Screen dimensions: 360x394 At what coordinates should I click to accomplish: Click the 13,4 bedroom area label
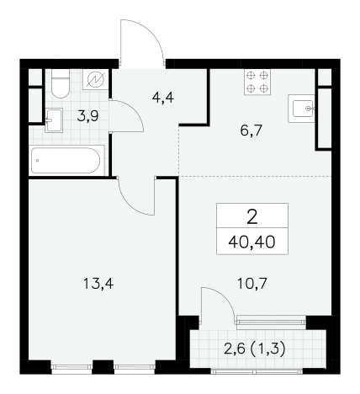[98, 284]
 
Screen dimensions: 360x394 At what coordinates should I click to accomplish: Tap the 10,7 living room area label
[252, 284]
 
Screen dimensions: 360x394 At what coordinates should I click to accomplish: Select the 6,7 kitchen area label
[251, 130]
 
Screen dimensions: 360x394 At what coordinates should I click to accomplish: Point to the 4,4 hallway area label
[163, 98]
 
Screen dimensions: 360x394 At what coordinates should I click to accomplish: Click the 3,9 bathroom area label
[87, 116]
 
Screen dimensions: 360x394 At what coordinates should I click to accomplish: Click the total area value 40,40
[251, 242]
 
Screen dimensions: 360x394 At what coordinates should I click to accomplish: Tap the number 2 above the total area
[252, 217]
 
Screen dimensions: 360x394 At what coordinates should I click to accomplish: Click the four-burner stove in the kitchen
[257, 82]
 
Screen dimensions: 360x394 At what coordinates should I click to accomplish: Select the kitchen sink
[302, 109]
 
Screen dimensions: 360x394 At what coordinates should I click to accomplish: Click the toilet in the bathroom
[61, 83]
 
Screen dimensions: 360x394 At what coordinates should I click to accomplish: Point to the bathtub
[66, 161]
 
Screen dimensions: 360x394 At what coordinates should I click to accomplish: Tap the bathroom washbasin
[54, 120]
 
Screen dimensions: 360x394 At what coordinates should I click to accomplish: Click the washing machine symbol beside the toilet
[96, 79]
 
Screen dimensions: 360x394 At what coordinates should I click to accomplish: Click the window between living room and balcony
[271, 321]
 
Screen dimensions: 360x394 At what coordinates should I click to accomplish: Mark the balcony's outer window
[257, 371]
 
